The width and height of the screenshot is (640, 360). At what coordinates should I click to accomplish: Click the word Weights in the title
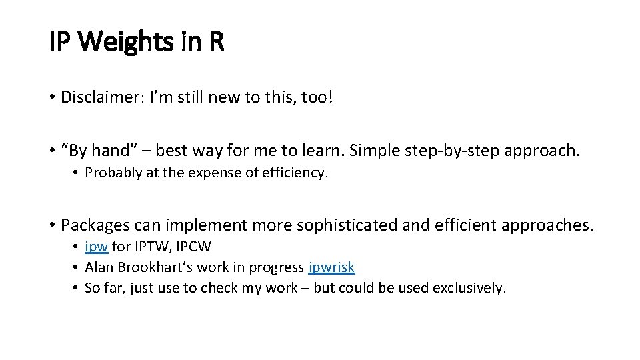[126, 43]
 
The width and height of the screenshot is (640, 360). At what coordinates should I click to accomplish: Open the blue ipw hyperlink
[96, 247]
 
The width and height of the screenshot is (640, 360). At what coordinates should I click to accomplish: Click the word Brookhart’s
[151, 267]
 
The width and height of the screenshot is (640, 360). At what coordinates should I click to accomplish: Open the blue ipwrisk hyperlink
[331, 267]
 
